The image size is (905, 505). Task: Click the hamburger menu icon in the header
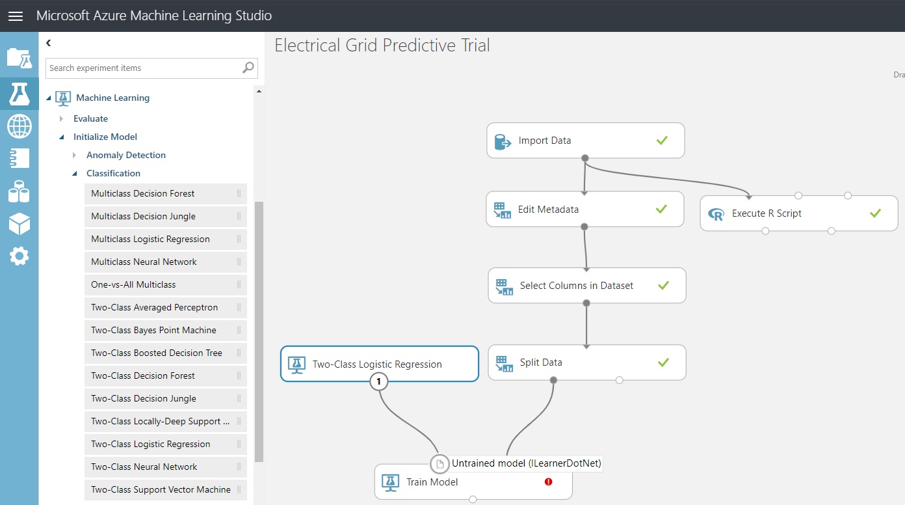tap(16, 16)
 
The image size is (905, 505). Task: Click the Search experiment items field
tap(144, 68)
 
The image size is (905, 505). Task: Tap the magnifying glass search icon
tap(248, 68)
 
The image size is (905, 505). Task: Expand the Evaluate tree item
tap(61, 118)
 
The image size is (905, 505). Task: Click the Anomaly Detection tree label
tap(125, 155)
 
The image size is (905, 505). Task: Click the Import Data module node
tap(585, 141)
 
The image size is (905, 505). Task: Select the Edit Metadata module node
tap(584, 209)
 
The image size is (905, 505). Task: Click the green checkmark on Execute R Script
tap(875, 213)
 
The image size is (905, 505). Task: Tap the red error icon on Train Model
tap(548, 482)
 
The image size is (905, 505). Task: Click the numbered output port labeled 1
tap(378, 381)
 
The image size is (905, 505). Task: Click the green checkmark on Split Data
tap(663, 362)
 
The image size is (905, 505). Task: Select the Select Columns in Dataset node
tap(587, 286)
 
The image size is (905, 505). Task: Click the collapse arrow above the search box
tap(49, 43)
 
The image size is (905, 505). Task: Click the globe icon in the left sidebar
tap(20, 126)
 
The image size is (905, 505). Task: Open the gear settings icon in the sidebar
tap(20, 256)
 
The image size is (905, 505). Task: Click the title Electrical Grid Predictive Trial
tap(382, 45)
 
